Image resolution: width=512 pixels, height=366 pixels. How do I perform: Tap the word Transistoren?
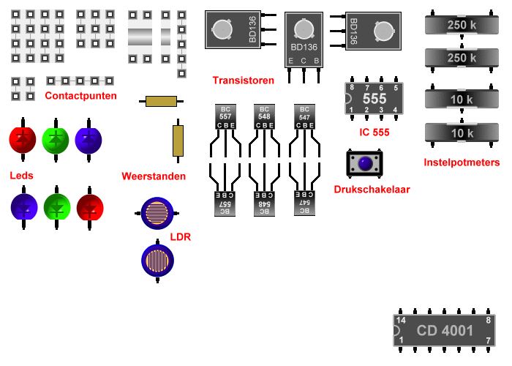point(243,80)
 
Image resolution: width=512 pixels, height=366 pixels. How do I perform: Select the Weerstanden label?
point(154,176)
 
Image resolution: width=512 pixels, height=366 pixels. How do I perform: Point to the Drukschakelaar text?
point(372,189)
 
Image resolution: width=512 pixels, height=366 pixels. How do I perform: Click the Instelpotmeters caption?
point(462,163)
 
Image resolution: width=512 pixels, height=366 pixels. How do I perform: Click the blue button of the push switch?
point(364,164)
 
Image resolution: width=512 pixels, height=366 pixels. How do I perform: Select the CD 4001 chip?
point(445,331)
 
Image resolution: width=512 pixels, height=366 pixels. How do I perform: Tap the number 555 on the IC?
point(374,98)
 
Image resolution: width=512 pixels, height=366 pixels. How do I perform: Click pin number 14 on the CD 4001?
point(401,321)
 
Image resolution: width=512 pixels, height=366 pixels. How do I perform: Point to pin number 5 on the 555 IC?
point(396,88)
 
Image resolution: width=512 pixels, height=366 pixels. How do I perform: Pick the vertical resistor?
point(178,141)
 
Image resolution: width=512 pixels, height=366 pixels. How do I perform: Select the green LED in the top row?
point(56,139)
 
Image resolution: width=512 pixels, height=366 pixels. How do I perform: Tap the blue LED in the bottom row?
point(24,207)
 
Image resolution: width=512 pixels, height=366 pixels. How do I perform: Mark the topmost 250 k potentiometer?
point(462,25)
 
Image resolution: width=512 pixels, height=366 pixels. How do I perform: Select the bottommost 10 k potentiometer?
point(462,133)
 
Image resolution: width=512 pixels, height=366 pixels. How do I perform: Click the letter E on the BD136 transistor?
point(291,60)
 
